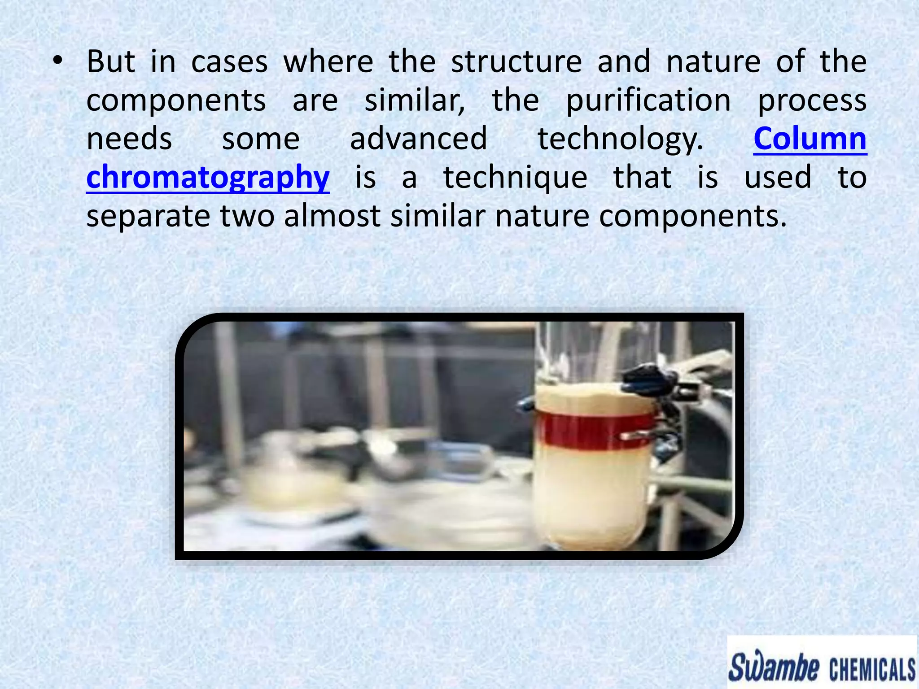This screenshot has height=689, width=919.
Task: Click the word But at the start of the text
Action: coord(110,61)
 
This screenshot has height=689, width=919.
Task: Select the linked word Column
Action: coord(810,139)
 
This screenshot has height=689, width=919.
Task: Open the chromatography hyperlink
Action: coord(208,178)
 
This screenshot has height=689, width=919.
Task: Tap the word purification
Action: coord(648,100)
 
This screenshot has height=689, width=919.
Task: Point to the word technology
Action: coord(620,140)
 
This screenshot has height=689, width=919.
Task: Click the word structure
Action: coord(516,61)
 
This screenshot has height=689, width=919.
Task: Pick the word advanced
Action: coord(418,139)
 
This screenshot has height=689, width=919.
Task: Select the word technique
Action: coord(515,178)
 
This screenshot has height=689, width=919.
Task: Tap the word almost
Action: coord(332,216)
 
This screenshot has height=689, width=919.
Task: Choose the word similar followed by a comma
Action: coord(415,100)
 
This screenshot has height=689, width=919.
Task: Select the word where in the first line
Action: coord(328,61)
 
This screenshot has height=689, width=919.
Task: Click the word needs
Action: coord(129,139)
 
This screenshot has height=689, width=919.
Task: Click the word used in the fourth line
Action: coord(778,178)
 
